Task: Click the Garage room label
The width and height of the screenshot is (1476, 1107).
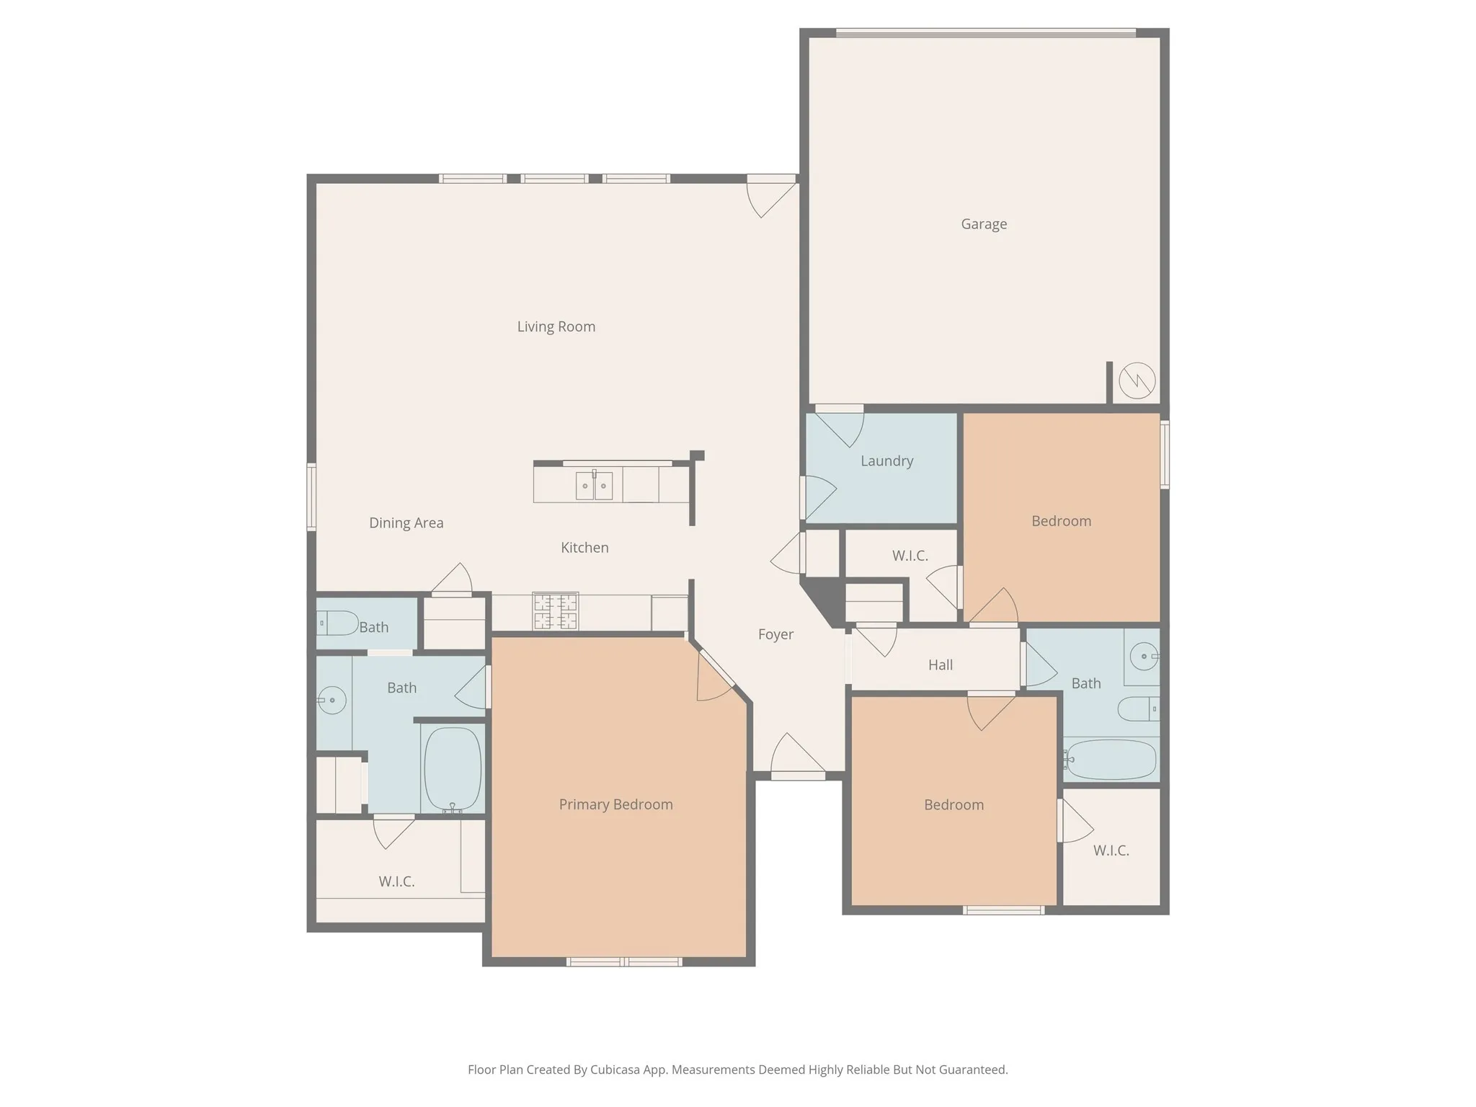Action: coord(984,224)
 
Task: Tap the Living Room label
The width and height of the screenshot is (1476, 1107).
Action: coord(556,326)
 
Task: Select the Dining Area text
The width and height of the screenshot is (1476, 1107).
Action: coord(406,523)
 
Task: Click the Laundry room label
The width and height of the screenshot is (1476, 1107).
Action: coord(886,461)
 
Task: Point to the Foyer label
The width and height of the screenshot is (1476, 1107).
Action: coord(775,634)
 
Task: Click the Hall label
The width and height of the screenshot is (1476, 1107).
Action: coord(940,664)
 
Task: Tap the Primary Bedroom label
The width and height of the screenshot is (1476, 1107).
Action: coord(615,804)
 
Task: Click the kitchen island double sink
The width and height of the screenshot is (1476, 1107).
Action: coord(594,486)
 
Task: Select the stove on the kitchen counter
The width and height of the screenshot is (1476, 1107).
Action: coord(555,611)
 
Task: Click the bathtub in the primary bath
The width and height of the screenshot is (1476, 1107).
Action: coord(453,769)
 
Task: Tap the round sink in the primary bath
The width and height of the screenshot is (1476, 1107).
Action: coord(332,700)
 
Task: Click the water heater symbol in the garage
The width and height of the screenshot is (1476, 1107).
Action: coord(1137,380)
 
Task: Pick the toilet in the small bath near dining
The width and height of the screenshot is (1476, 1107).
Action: coord(337,623)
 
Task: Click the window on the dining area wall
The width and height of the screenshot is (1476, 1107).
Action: coord(311,497)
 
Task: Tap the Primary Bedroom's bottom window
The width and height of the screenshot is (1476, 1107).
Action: coord(624,961)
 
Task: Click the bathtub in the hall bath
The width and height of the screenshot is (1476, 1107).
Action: coord(1111,760)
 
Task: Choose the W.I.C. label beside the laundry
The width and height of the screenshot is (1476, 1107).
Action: coord(910,556)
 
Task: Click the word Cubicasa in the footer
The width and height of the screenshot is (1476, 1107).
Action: coord(615,1070)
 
